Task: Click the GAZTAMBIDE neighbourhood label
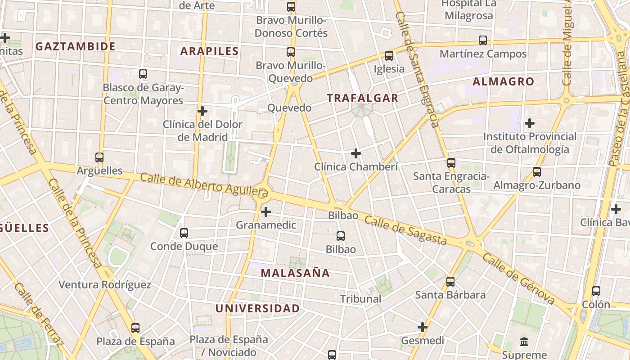pos(76,46)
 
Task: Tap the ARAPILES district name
pos(210,51)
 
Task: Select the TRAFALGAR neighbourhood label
pos(363,98)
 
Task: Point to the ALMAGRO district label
pos(504,81)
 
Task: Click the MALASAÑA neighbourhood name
pos(295,273)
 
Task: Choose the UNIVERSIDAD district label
pos(257,308)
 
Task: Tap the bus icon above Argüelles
pos(99,157)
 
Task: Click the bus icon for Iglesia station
pos(389,56)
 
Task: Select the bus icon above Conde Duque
pos(184,233)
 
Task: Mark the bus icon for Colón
pos(596,291)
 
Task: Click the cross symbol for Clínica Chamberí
pos(356,153)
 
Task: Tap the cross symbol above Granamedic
pos(266,211)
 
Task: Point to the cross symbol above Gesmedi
pos(423,327)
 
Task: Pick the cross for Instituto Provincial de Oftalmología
pos(530,123)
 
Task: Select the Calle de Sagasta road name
pos(405,230)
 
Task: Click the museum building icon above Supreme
pos(524,342)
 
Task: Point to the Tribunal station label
pos(361,299)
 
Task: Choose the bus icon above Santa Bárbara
pos(450,282)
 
